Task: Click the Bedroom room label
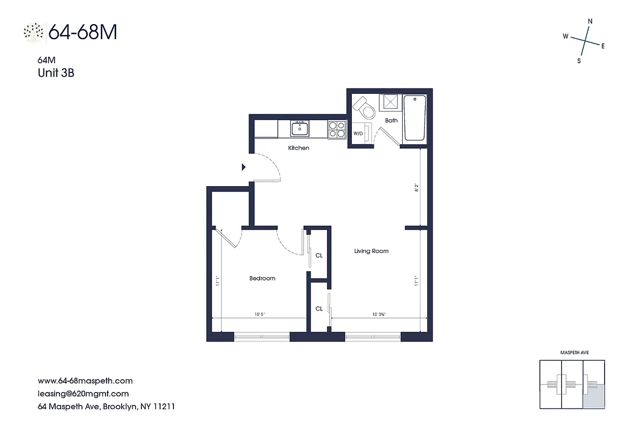262,278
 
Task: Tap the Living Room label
371,251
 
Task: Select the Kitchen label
299,148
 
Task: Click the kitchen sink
300,128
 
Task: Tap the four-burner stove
337,129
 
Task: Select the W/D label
357,133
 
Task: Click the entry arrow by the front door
244,167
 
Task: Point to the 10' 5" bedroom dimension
260,315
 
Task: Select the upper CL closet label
319,256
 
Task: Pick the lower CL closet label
319,309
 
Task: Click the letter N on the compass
590,21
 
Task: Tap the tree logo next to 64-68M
34,33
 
